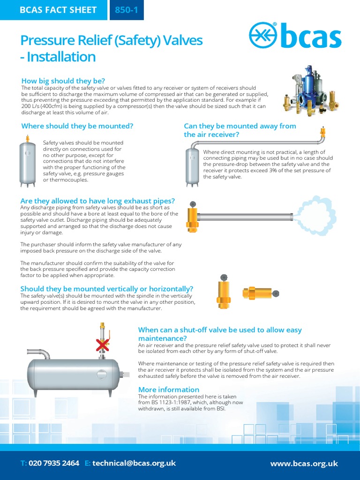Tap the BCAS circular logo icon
tap(264, 37)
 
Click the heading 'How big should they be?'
tap(63, 81)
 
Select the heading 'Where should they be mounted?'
tap(77, 126)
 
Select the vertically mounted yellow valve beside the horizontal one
tap(224, 292)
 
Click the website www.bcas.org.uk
tap(304, 464)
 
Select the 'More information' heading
tap(168, 390)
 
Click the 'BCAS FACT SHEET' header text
tap(58, 10)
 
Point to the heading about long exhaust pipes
tap(97, 201)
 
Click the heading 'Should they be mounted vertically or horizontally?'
tap(106, 289)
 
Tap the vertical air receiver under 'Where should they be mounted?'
tap(28, 164)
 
